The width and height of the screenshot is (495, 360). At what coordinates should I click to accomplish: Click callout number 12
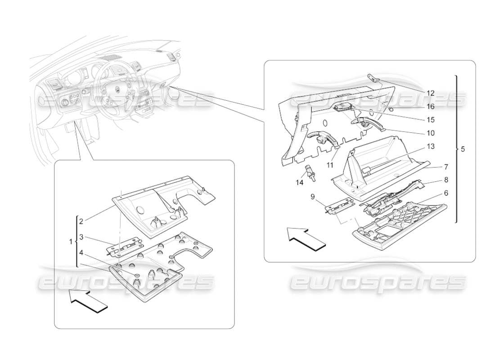(x=431, y=93)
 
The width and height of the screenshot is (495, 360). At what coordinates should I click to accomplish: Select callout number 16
(x=431, y=107)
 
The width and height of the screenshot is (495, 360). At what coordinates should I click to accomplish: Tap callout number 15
(x=431, y=120)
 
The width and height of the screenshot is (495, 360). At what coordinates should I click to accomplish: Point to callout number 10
(x=431, y=133)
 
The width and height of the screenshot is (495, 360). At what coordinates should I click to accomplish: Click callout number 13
(x=431, y=147)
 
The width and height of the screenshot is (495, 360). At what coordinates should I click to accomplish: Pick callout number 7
(x=445, y=166)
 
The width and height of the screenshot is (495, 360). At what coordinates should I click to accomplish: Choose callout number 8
(x=445, y=180)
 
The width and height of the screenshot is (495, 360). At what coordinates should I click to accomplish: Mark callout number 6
(x=445, y=192)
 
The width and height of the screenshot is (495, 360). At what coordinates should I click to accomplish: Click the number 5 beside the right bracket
(x=463, y=149)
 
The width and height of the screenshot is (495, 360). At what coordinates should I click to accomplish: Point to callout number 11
(x=330, y=165)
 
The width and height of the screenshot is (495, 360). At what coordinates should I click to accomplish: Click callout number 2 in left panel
(x=81, y=221)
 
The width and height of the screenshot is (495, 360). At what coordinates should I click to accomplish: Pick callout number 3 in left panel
(x=81, y=237)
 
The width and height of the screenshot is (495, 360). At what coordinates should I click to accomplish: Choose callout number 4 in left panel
(x=81, y=252)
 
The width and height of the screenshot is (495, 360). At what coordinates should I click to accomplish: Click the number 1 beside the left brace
(x=70, y=242)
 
